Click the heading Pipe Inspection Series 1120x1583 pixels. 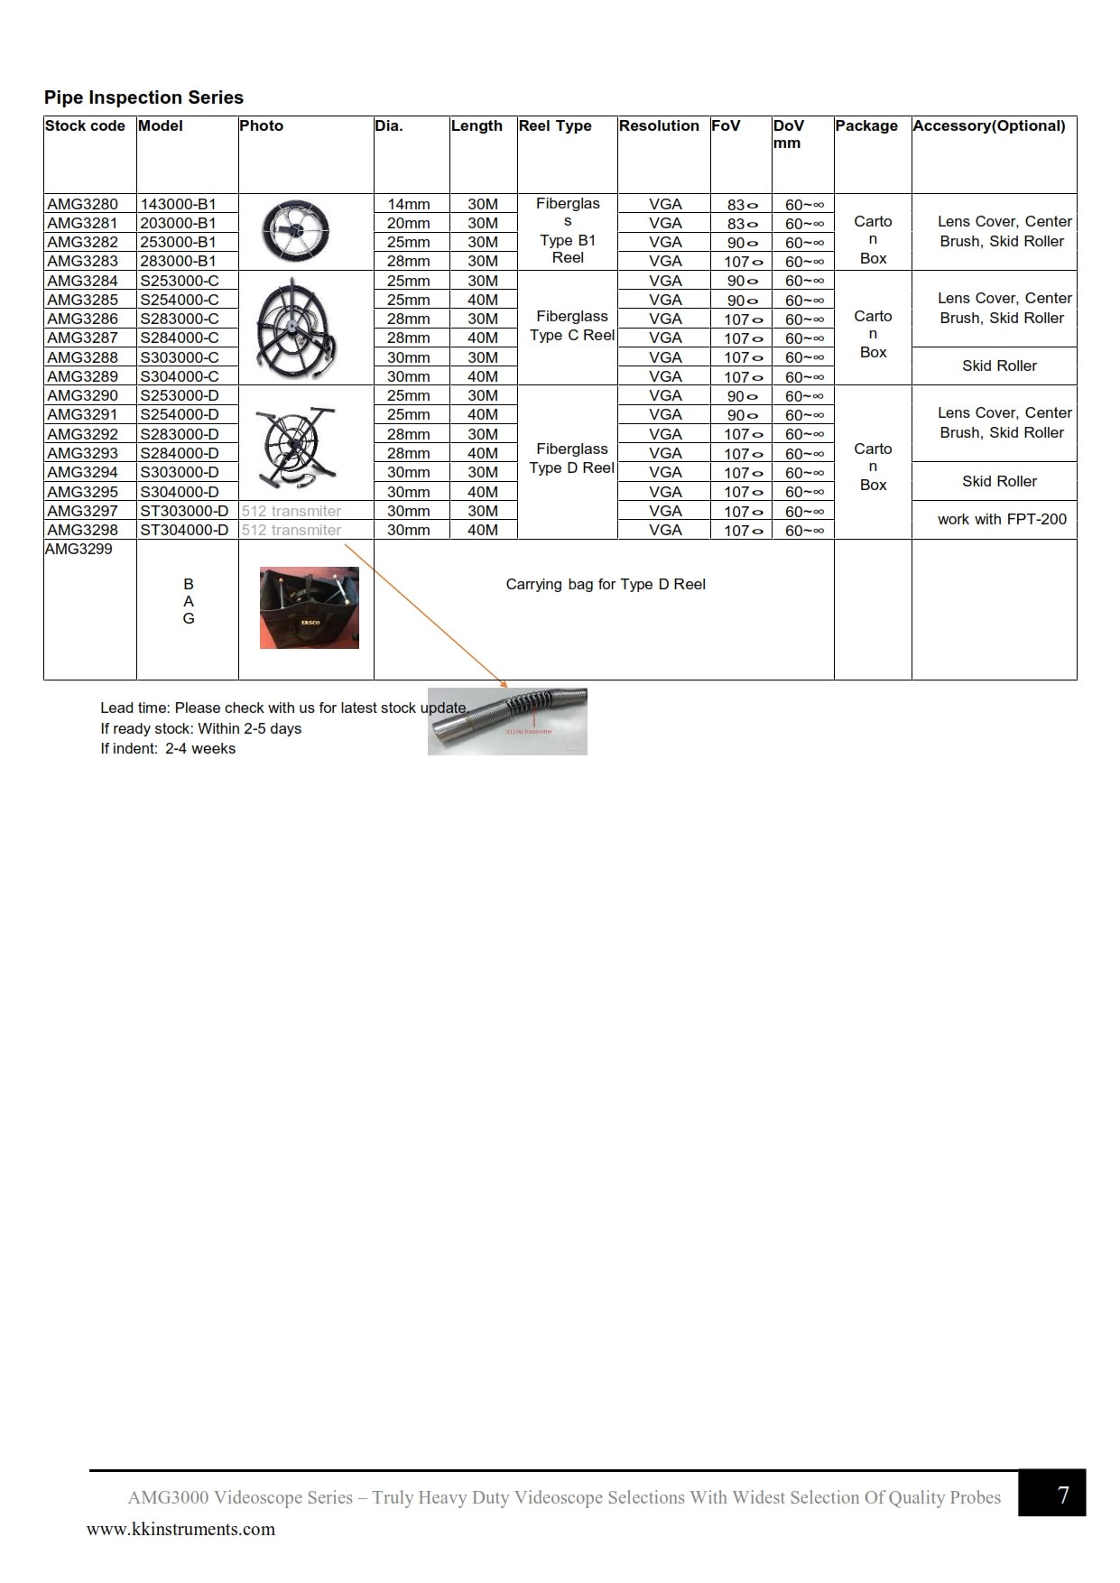point(143,97)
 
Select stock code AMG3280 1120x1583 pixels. point(82,204)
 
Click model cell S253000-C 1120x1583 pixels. point(180,281)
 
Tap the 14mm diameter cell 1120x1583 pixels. point(408,204)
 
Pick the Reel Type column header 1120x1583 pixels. point(555,125)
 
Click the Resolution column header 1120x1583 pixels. point(659,125)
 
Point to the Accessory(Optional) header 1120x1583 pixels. point(989,125)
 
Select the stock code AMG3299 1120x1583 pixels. point(79,549)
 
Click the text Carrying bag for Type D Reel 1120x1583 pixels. point(606,584)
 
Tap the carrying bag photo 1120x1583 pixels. point(309,607)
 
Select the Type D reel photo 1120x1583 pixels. point(296,444)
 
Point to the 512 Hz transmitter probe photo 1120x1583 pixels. point(507,720)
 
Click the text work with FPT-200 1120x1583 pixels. point(1002,519)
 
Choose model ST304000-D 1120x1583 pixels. point(184,530)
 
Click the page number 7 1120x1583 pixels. point(1062,1495)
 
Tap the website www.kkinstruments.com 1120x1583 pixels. point(180,1529)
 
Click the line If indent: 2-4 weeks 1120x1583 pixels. point(168,748)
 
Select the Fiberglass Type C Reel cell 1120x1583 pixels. point(571,326)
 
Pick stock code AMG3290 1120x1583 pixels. point(82,395)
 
